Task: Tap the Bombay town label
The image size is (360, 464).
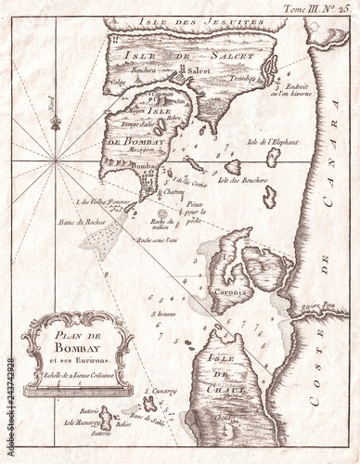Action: click(148, 165)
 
